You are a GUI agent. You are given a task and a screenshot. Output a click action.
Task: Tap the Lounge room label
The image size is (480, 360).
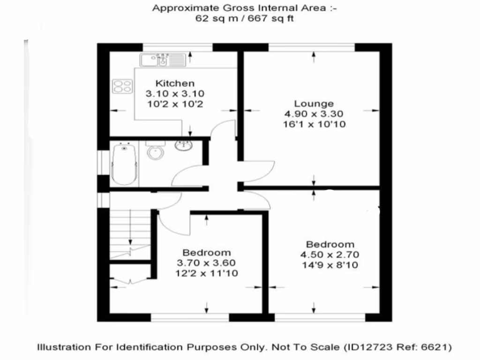tap(314, 104)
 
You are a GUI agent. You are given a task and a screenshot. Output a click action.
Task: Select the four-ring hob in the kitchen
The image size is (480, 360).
tap(122, 86)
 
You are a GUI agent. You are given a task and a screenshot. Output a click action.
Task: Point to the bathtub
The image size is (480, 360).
tap(125, 164)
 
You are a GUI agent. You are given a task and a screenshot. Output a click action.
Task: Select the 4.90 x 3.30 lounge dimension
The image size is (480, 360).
tap(314, 114)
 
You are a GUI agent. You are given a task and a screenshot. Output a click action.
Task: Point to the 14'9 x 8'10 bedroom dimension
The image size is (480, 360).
tap(330, 265)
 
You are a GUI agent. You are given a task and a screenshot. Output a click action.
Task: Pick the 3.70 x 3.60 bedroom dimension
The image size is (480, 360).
tap(206, 263)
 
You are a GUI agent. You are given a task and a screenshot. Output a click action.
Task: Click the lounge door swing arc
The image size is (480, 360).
tap(262, 169)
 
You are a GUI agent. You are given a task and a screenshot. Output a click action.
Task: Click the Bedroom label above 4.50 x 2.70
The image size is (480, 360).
tap(330, 244)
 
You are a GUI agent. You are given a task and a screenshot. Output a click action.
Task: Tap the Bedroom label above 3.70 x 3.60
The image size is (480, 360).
tap(206, 253)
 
